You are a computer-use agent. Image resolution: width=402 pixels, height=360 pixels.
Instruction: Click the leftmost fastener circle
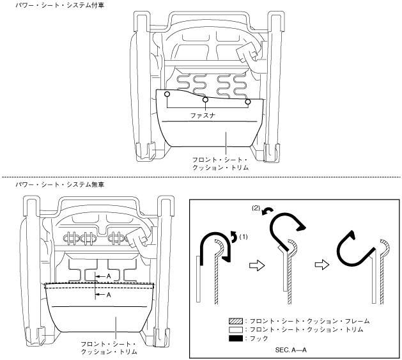pyautogui.click(x=166, y=95)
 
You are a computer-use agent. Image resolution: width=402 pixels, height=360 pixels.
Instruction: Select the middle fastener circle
pyautogui.click(x=205, y=100)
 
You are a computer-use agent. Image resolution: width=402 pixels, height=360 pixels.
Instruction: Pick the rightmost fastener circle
pyautogui.click(x=248, y=102)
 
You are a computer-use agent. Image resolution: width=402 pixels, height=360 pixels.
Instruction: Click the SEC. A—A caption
pyautogui.click(x=293, y=350)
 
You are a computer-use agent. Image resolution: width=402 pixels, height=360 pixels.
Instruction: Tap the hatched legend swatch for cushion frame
pyautogui.click(x=233, y=320)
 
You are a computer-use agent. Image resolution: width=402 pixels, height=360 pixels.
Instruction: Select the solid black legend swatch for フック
pyautogui.click(x=233, y=338)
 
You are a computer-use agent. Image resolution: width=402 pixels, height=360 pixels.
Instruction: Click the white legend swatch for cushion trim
pyautogui.click(x=233, y=329)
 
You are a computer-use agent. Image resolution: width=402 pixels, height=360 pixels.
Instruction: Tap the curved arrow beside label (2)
pyautogui.click(x=272, y=211)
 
